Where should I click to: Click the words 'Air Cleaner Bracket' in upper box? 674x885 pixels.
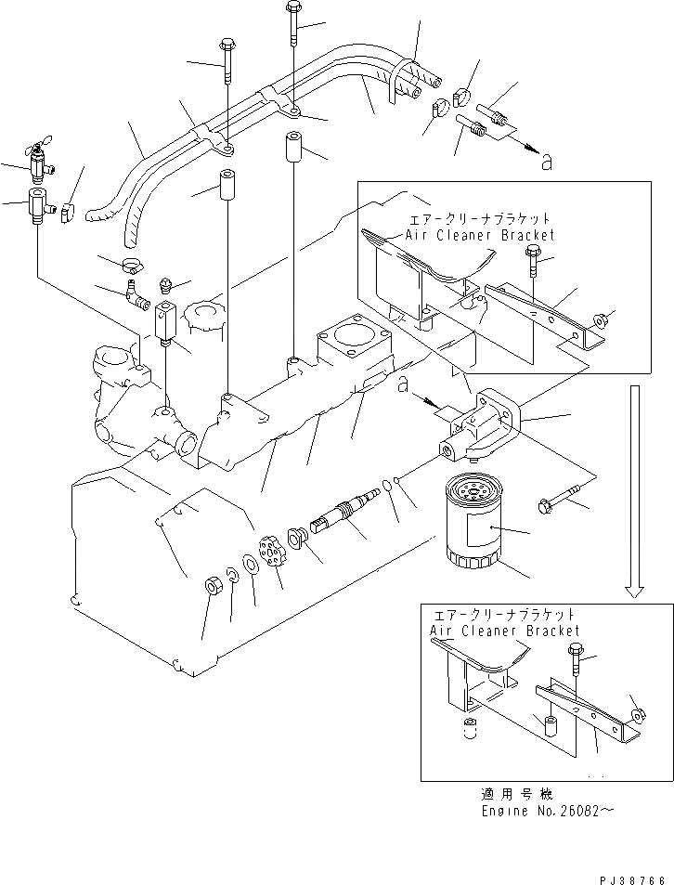point(480,236)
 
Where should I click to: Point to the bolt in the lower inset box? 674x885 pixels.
point(574,660)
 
